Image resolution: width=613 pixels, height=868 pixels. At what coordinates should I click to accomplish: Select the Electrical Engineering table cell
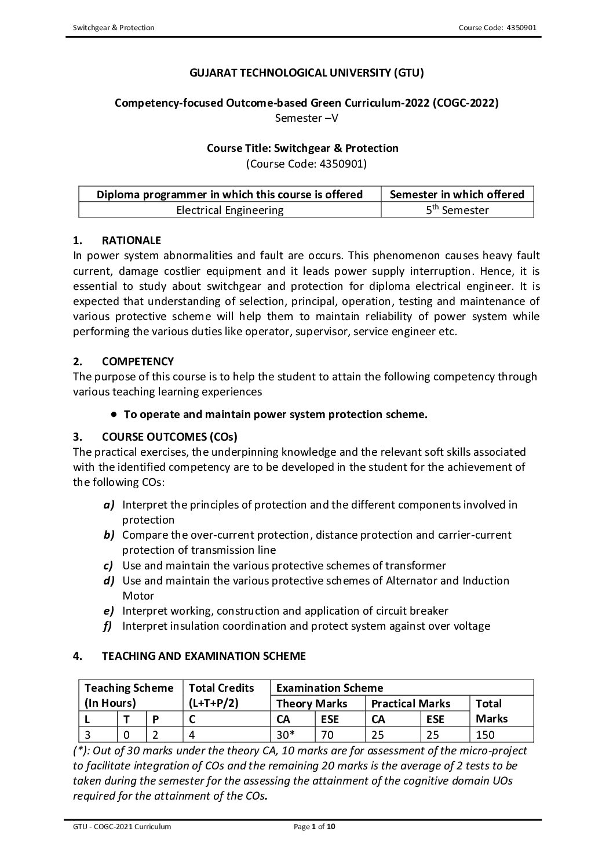click(x=229, y=210)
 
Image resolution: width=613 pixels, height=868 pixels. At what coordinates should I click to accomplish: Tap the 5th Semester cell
click(x=457, y=210)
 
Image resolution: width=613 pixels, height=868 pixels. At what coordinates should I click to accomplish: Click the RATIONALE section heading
click(x=131, y=240)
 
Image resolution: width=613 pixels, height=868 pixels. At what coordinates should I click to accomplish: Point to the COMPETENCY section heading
click(x=137, y=361)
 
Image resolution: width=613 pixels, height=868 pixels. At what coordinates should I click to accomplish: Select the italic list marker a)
click(x=109, y=504)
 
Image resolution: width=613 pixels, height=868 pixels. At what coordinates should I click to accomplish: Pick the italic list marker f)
click(x=108, y=626)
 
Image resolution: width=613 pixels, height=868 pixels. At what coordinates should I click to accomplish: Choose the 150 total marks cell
click(x=485, y=735)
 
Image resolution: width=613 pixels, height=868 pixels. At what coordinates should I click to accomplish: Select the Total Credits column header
click(x=221, y=688)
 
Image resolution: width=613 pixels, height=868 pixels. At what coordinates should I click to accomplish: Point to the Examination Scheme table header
click(x=330, y=688)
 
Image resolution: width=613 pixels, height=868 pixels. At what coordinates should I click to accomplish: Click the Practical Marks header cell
click(x=410, y=703)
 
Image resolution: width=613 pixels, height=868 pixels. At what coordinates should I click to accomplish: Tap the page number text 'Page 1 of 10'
click(x=315, y=827)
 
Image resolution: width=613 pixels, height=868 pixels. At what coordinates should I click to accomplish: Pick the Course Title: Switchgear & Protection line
click(x=302, y=148)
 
